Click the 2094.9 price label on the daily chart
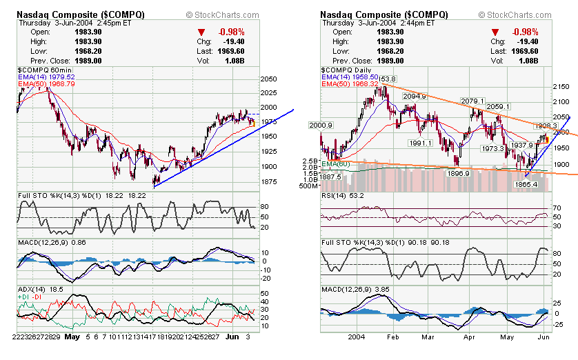(415, 97)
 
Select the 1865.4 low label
(526, 184)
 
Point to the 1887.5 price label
(335, 176)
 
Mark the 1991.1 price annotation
(420, 143)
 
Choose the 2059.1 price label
(497, 107)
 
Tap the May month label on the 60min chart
(72, 338)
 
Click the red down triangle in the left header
(201, 32)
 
